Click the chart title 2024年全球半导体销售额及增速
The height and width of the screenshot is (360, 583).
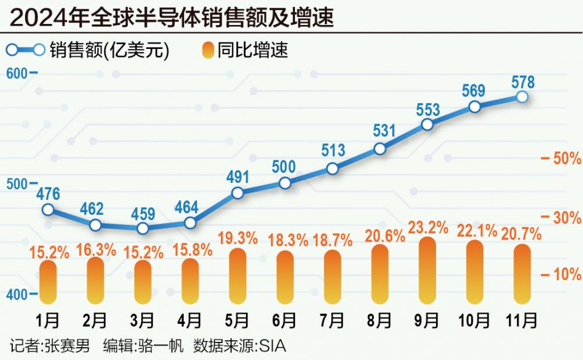[x=172, y=17]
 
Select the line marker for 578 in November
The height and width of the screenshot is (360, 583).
[x=522, y=97]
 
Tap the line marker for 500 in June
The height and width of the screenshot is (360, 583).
[x=285, y=183]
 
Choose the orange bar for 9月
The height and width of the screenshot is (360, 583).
[x=427, y=270]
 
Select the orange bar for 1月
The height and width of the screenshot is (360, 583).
[x=48, y=282]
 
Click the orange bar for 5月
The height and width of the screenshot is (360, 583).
[x=237, y=276]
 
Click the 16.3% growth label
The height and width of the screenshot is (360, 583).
[x=96, y=249]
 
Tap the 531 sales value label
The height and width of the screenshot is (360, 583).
[x=384, y=130]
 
